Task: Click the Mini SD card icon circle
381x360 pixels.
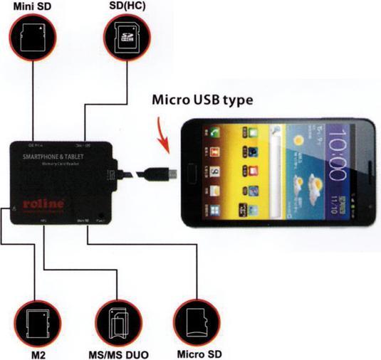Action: (32, 38)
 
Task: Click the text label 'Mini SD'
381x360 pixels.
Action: (30, 6)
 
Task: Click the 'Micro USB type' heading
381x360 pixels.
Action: (202, 100)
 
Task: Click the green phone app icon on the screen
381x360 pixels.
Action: (212, 133)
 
